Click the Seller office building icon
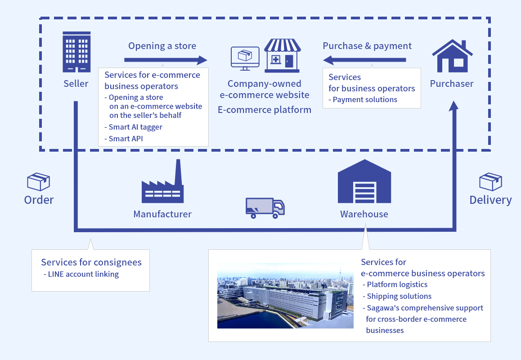coord(76,52)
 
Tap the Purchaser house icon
coord(452,56)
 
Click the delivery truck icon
coord(265,208)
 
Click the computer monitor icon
coord(245,58)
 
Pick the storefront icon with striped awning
coord(282,55)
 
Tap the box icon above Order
coord(38,182)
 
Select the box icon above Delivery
coord(490,182)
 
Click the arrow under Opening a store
coord(165,60)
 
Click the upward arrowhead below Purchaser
coord(454,107)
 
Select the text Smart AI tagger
coord(135,127)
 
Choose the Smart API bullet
coord(126,139)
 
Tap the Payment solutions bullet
coord(364,99)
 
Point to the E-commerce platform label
coord(265,109)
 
